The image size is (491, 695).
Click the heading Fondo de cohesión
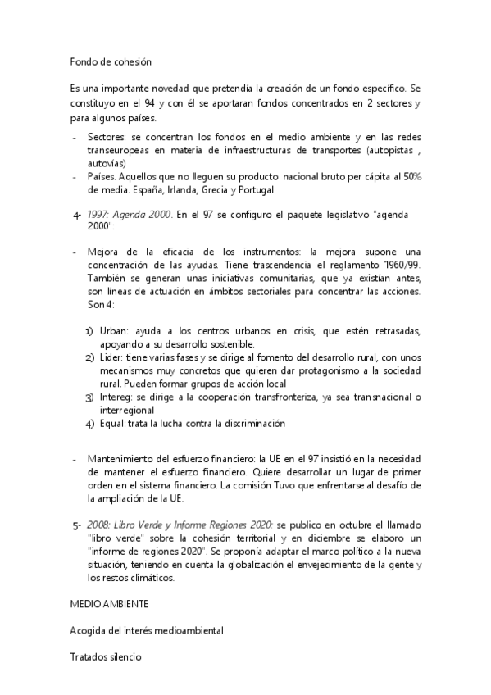(x=111, y=61)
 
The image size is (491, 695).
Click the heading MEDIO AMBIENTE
(x=109, y=602)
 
